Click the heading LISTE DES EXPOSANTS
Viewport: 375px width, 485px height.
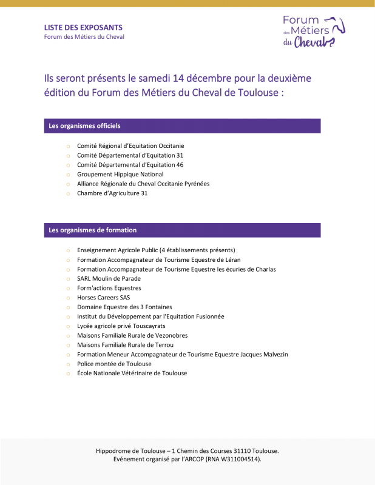coord(83,27)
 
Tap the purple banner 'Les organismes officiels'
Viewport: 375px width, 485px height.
coord(182,126)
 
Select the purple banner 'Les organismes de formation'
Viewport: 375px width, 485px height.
coord(182,230)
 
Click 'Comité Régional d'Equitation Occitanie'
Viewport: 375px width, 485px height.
coord(130,145)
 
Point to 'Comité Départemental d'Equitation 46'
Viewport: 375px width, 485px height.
coord(130,165)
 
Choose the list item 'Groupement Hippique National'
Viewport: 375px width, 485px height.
coord(120,175)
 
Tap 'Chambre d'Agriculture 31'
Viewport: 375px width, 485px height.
coord(112,193)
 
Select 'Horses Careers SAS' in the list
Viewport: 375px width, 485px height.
coord(103,298)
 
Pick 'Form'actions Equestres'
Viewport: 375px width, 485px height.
coord(109,288)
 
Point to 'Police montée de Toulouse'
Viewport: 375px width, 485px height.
coord(114,364)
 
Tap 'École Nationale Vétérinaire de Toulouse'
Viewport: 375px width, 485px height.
coord(132,373)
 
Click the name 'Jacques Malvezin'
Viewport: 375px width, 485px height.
coord(264,354)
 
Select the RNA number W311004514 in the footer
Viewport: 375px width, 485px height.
coord(235,460)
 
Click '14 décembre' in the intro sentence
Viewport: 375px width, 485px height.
coord(206,79)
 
